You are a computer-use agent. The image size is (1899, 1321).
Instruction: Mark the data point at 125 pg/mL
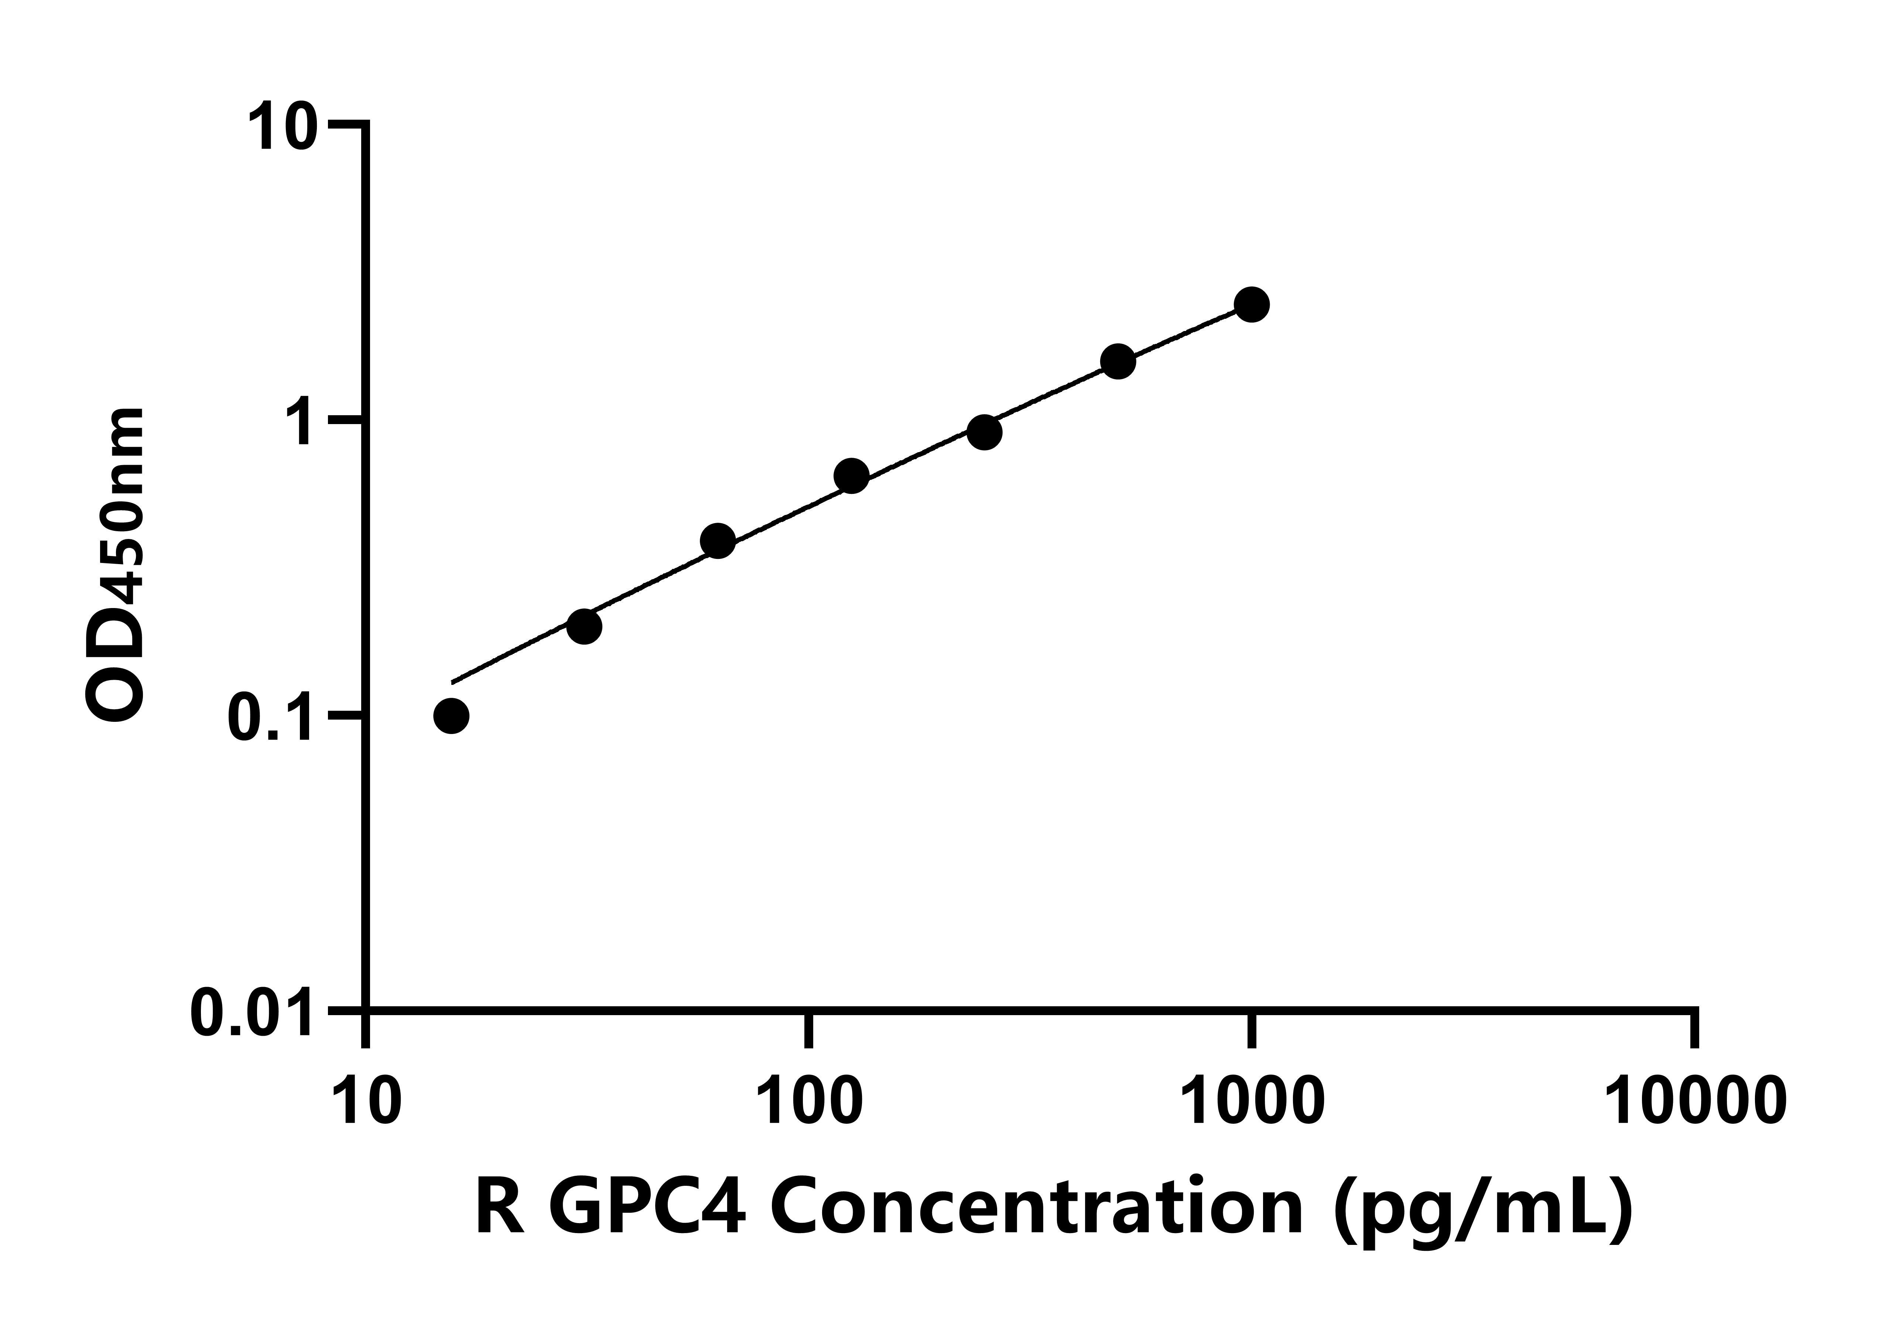[x=851, y=477]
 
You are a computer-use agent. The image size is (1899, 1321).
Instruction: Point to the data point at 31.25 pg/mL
[x=584, y=626]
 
